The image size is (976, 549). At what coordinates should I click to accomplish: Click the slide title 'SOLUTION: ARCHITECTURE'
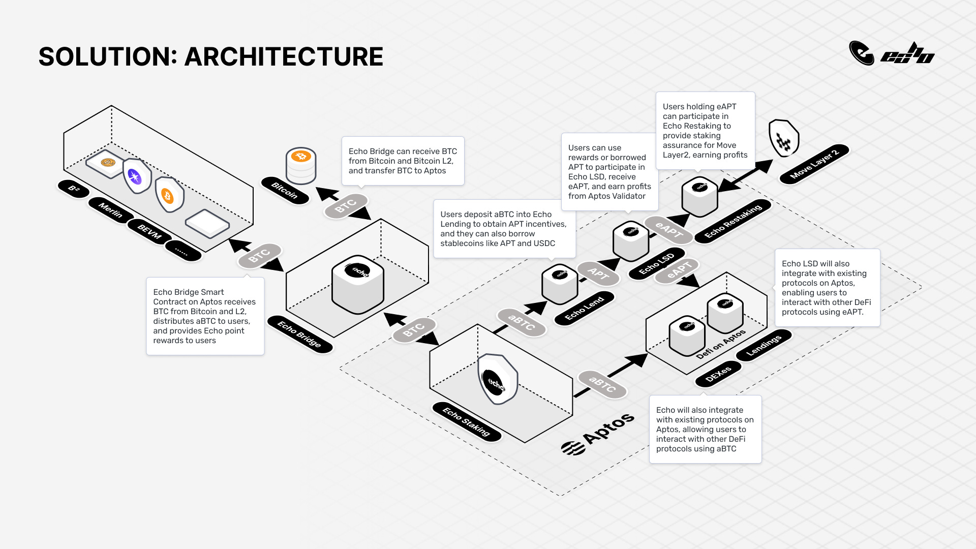pos(210,56)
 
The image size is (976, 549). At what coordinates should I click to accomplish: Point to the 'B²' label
pos(74,189)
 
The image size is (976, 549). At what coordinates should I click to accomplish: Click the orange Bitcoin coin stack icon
pos(301,165)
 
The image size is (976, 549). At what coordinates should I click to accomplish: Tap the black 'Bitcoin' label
pos(285,191)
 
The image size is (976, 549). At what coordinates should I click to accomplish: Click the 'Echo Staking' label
pos(466,421)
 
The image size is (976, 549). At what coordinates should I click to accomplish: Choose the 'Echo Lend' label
pos(585,308)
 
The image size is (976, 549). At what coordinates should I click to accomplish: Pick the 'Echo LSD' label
pos(656,263)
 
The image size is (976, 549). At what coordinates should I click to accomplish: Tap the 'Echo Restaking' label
pos(733,221)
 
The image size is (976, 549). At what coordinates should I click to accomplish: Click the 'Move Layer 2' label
pos(815,164)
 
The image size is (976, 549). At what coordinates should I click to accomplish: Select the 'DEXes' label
pos(718,374)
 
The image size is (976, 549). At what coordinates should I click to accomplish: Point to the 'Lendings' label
pos(764,345)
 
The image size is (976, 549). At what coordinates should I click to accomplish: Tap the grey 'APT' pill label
pos(598,274)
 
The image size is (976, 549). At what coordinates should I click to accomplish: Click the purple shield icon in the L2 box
pos(135,176)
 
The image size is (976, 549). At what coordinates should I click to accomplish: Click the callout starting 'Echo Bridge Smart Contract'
pos(205,316)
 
